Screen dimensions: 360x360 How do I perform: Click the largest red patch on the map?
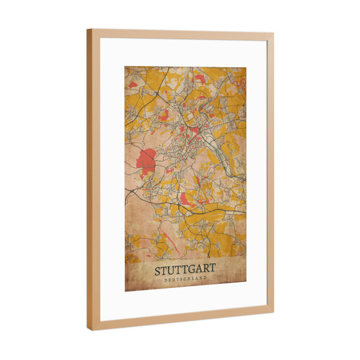146,159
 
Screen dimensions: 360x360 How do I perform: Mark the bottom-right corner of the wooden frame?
274,310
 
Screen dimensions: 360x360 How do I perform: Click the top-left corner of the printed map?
125,66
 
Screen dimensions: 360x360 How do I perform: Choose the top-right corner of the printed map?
246,67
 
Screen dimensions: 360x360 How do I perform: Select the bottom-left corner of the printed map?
125,292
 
